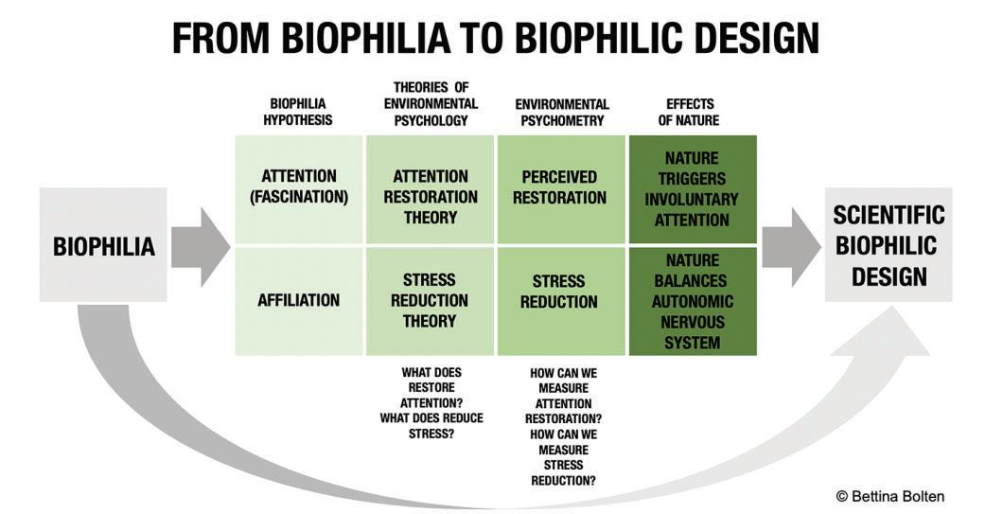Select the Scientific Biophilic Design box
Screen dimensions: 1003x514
pyautogui.click(x=889, y=245)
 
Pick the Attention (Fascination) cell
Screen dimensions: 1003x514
pyautogui.click(x=298, y=187)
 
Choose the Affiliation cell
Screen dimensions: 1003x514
pyautogui.click(x=298, y=300)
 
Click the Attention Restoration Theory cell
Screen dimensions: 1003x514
pyautogui.click(x=430, y=197)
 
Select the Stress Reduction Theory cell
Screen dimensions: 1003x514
pyautogui.click(x=430, y=300)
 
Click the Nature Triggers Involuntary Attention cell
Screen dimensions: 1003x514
pyautogui.click(x=693, y=188)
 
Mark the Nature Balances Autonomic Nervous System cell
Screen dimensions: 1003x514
pyautogui.click(x=693, y=301)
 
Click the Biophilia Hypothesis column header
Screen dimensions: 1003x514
pyautogui.click(x=298, y=113)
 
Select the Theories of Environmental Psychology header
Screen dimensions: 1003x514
pyautogui.click(x=430, y=104)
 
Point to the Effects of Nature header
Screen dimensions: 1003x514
pyautogui.click(x=693, y=113)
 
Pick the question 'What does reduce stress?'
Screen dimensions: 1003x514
pyautogui.click(x=431, y=426)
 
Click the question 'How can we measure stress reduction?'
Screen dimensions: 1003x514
pyautogui.click(x=563, y=456)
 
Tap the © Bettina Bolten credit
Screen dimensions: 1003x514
pyautogui.click(x=889, y=496)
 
